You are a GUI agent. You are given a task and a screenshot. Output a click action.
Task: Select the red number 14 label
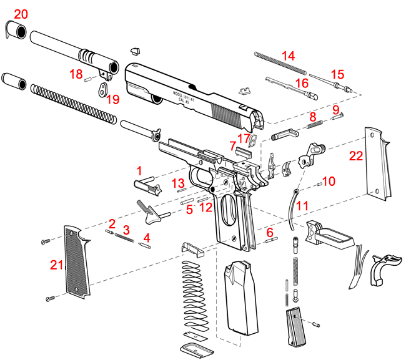tap(288, 56)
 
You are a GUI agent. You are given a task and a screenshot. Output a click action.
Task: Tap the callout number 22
tap(356, 157)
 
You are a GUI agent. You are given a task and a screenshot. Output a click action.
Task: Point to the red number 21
tap(57, 265)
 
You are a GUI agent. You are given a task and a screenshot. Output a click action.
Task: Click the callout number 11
tap(302, 205)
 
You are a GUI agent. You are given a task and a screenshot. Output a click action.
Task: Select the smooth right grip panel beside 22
tap(377, 166)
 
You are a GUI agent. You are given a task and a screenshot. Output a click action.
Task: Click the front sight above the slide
tap(134, 50)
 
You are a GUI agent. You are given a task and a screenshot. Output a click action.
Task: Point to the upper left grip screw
tap(44, 241)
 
